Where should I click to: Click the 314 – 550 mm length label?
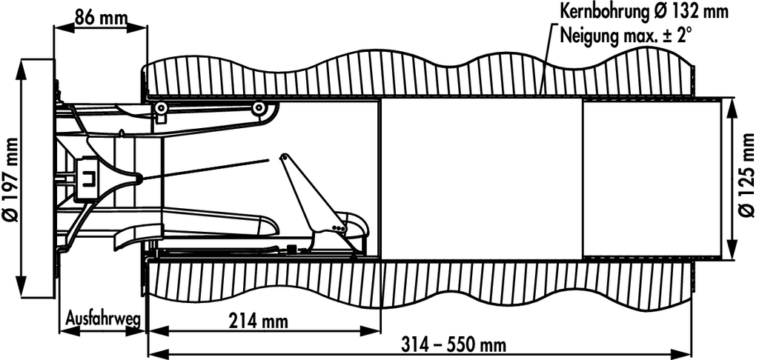(x=454, y=345)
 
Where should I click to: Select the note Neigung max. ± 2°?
(x=627, y=34)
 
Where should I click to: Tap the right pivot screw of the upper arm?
(x=258, y=109)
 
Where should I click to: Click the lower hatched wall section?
(x=415, y=285)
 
